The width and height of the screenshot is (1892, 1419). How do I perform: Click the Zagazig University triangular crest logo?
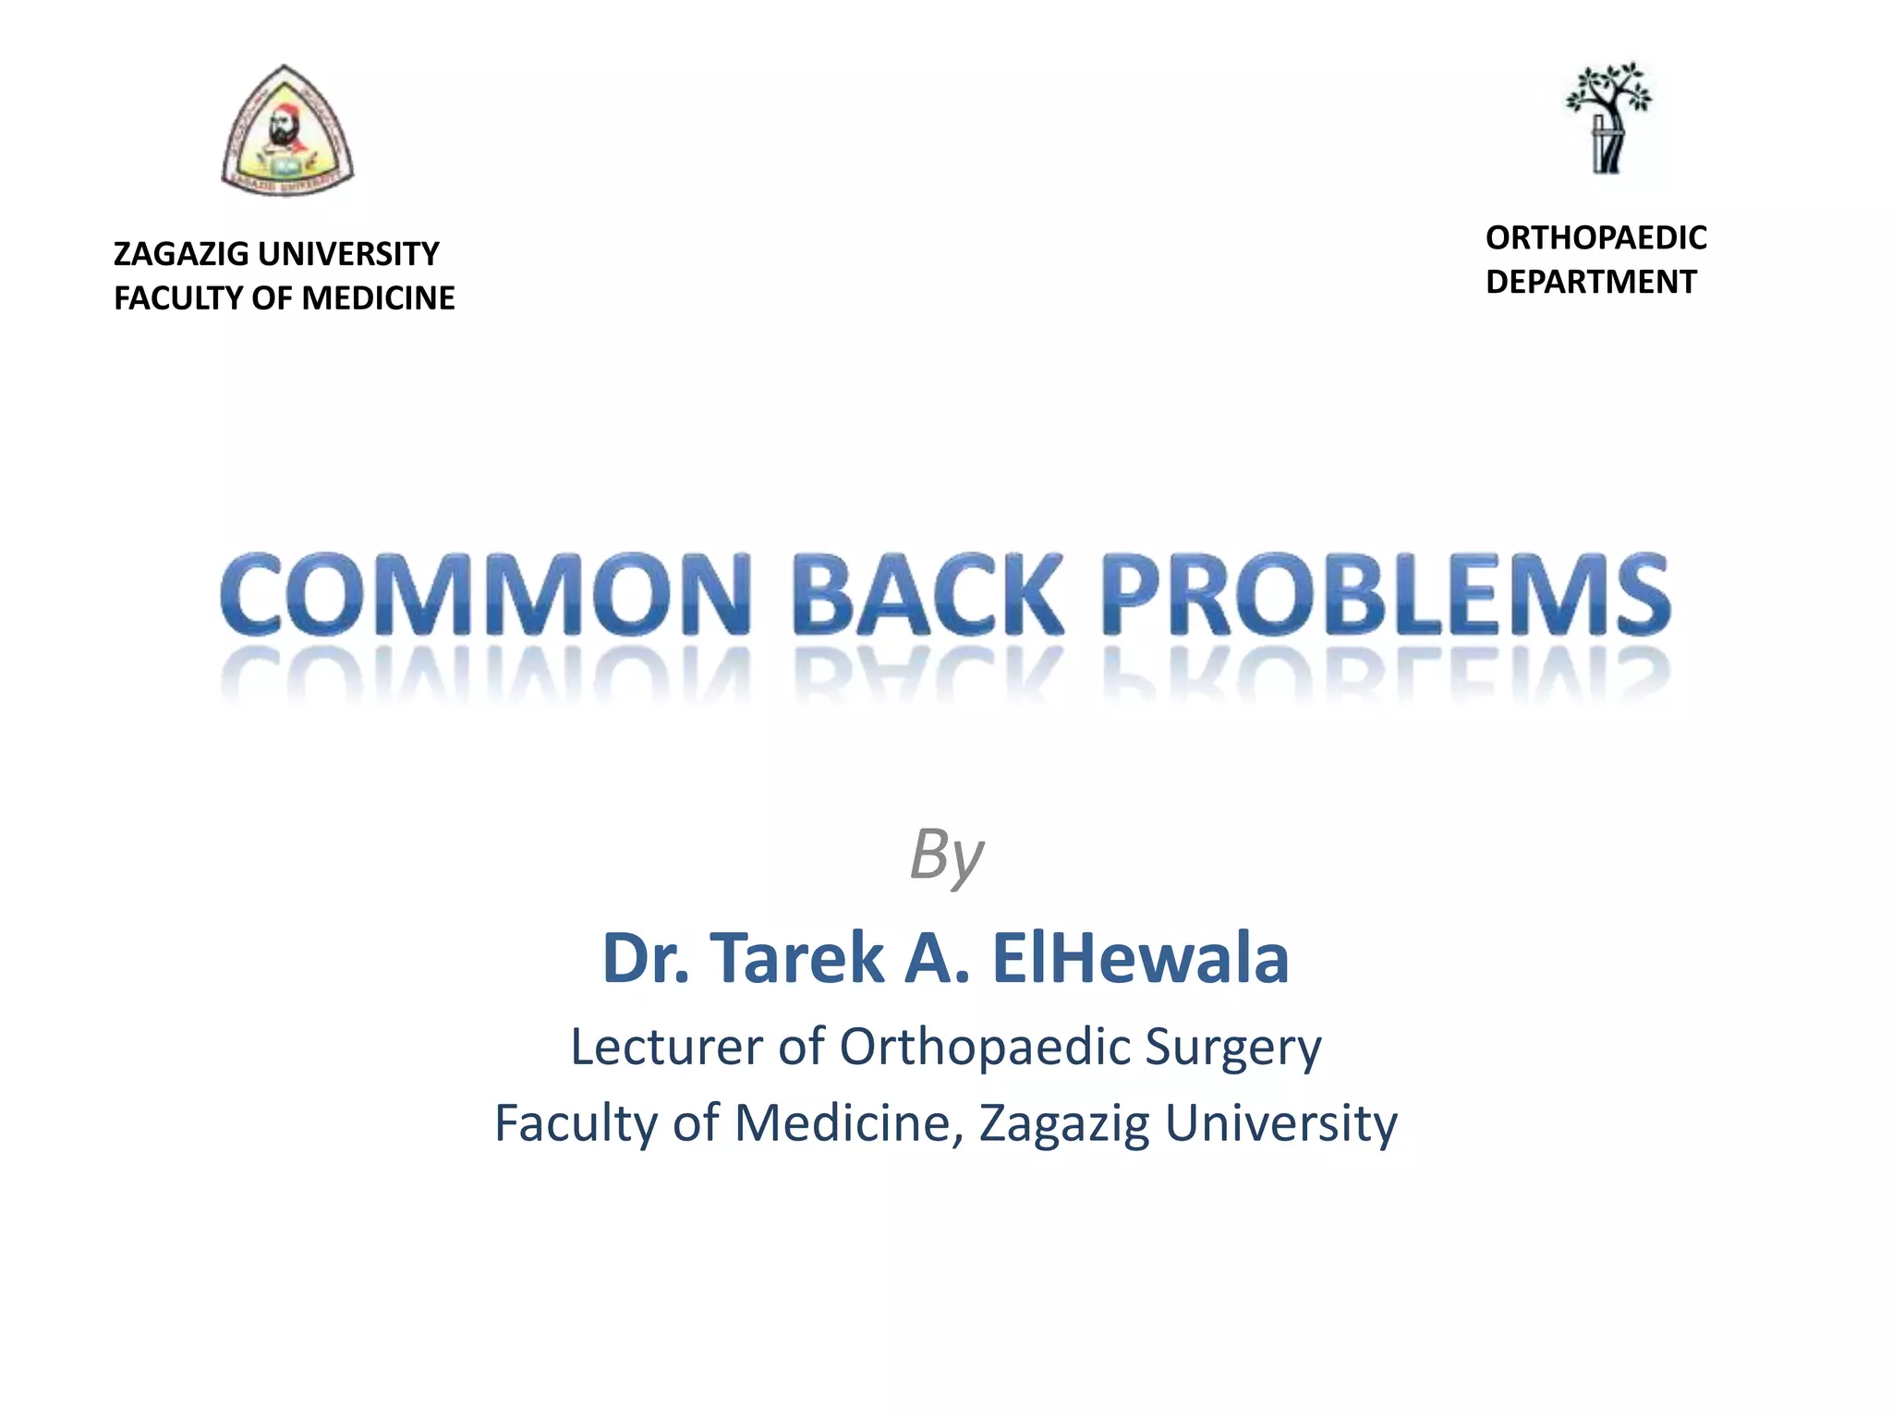coord(287,131)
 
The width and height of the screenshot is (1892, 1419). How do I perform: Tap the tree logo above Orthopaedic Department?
coord(1608,117)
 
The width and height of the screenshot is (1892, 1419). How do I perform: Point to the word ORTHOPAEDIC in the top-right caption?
coord(1595,238)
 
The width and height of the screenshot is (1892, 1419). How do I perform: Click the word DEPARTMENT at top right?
coord(1591,282)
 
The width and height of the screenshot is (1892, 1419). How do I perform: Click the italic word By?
coord(946,855)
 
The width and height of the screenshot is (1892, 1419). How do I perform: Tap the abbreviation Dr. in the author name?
coord(646,958)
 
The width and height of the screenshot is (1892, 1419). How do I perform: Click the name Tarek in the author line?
coord(797,958)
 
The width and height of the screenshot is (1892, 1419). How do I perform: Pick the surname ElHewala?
coord(1140,958)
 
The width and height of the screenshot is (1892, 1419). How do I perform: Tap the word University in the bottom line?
coord(1280,1124)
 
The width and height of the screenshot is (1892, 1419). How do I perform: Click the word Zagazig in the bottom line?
coord(1063,1124)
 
